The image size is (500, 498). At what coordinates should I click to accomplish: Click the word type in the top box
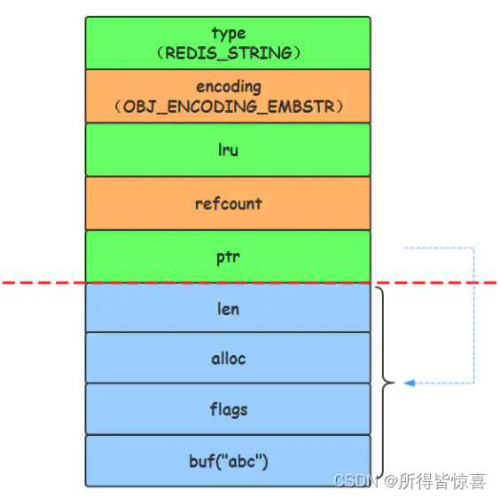[228, 34]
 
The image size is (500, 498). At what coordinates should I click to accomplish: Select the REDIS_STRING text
[228, 52]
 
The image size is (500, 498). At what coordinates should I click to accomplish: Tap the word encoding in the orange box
[228, 87]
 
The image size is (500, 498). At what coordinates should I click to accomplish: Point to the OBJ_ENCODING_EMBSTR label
[228, 107]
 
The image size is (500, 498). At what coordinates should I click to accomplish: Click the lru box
[228, 149]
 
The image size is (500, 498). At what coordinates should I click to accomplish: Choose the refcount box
[228, 203]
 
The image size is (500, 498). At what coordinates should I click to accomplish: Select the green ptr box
[228, 257]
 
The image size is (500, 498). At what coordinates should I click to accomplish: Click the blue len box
[228, 308]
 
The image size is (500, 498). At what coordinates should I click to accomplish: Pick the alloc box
[228, 359]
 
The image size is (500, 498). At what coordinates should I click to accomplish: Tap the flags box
[228, 409]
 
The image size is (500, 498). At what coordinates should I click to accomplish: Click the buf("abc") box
[228, 461]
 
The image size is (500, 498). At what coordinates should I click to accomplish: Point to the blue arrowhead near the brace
[410, 383]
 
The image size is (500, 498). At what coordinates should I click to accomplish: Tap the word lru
[228, 150]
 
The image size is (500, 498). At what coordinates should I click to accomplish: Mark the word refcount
[228, 203]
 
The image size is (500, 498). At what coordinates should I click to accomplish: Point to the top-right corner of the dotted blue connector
[474, 248]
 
